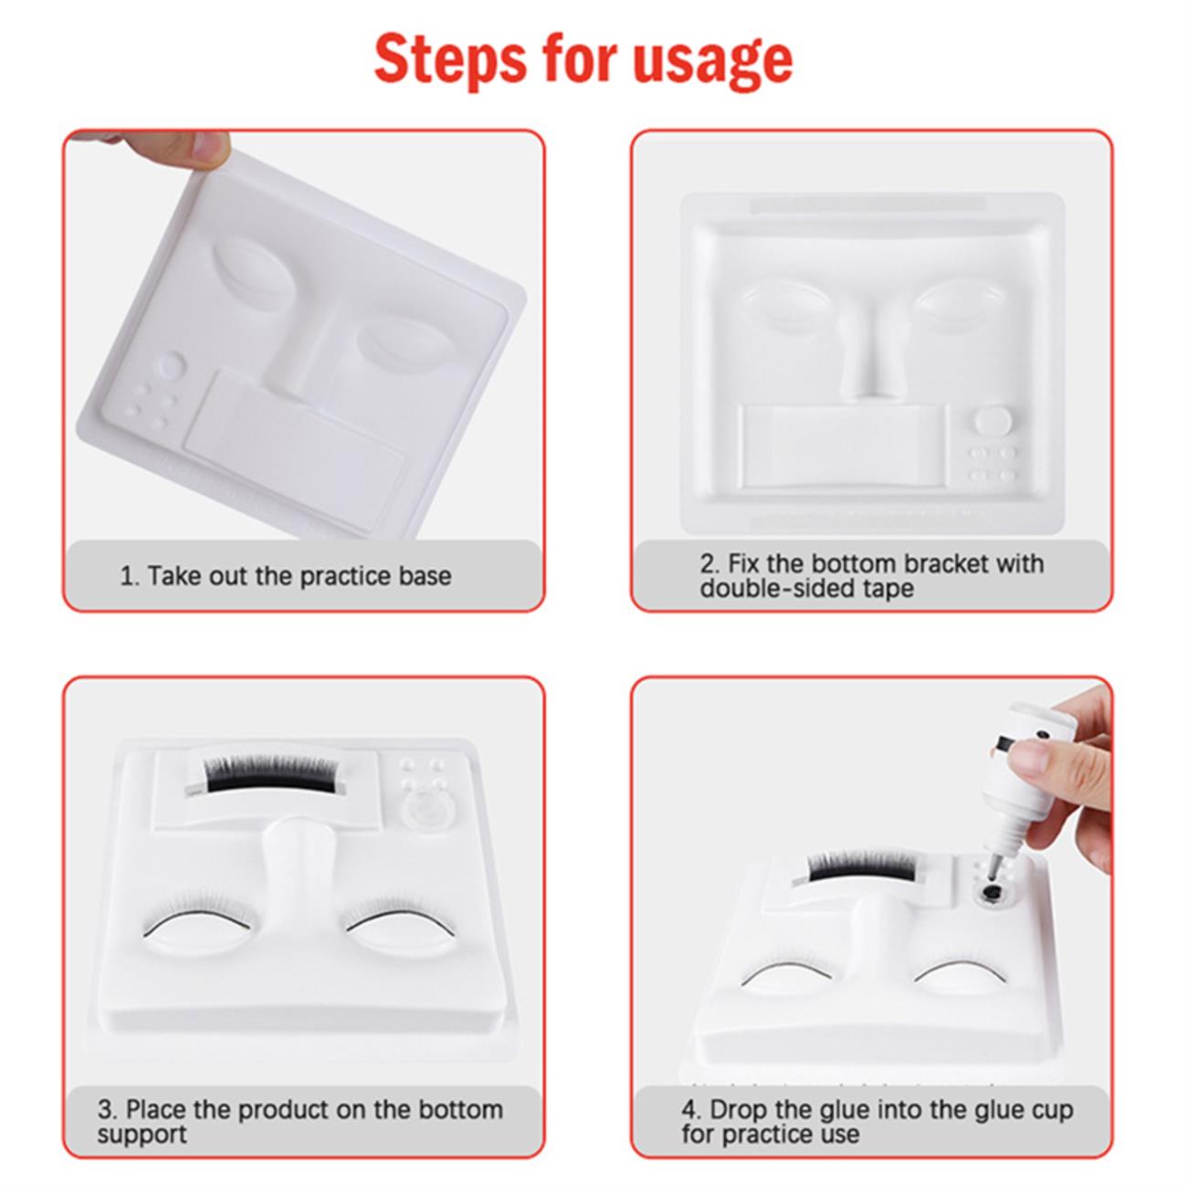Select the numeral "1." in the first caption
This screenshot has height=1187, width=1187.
130,576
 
